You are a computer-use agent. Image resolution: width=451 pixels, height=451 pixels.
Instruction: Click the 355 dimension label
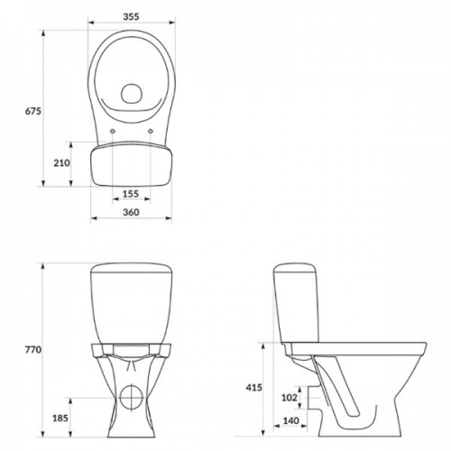click(x=131, y=16)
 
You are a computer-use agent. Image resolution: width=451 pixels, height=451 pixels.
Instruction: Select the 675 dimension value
click(x=32, y=111)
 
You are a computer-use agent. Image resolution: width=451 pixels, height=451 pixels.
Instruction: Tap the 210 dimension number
click(x=61, y=163)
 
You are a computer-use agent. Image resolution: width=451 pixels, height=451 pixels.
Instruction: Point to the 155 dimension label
click(x=131, y=194)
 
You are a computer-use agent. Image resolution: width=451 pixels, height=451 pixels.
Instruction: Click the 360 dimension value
click(x=131, y=212)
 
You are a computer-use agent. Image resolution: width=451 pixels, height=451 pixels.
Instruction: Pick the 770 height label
click(x=33, y=350)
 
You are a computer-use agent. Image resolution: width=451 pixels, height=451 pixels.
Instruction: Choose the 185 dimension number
click(x=60, y=418)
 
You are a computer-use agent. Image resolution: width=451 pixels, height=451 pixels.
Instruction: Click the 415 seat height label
click(x=254, y=388)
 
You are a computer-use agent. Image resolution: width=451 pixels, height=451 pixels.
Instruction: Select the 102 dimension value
click(x=290, y=398)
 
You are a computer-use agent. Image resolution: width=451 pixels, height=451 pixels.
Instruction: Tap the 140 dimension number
click(x=290, y=420)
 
